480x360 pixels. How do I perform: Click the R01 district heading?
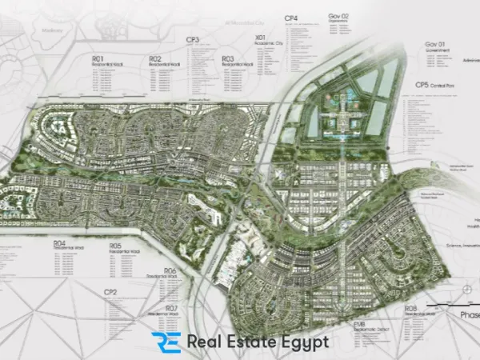98,58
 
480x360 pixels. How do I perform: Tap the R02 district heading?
154,58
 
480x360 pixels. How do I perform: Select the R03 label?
228,58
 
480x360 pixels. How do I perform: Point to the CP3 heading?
192,39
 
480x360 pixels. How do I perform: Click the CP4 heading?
291,18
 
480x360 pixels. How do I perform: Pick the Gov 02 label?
338,16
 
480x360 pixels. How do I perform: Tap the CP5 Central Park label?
429,85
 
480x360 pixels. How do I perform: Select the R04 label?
59,242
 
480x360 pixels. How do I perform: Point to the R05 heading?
116,246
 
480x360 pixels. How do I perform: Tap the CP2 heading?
110,292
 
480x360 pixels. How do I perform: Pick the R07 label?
171,307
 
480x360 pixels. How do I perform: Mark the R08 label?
411,307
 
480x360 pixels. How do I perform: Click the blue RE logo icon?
166,342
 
